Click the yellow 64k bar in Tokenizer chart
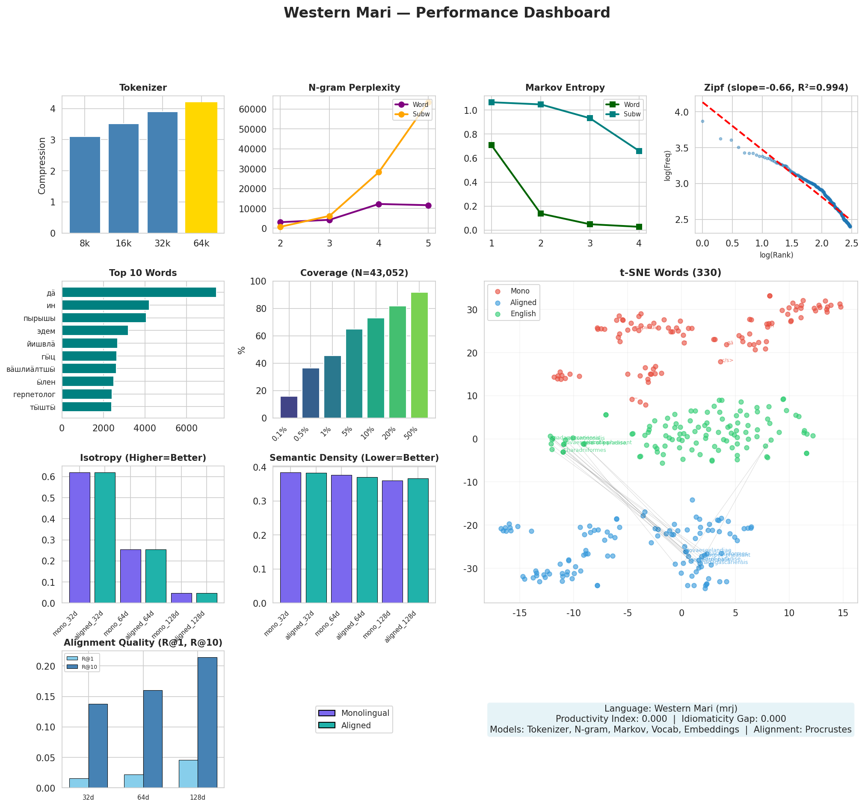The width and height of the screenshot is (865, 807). click(x=201, y=168)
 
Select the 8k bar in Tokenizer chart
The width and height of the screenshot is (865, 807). click(x=85, y=185)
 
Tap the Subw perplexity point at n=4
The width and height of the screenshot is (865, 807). click(x=379, y=172)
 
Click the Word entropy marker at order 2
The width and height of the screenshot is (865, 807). click(x=541, y=213)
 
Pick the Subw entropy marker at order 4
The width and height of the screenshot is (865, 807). click(x=639, y=151)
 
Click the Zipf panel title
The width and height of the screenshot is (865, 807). click(x=776, y=88)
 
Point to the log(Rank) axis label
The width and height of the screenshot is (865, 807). click(x=776, y=255)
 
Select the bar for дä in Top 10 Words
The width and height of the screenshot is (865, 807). click(x=139, y=293)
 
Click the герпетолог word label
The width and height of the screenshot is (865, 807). click(x=34, y=395)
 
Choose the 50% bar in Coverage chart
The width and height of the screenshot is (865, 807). click(x=419, y=355)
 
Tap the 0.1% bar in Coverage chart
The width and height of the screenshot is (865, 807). click(x=289, y=407)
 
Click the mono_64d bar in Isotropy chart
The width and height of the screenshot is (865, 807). click(x=130, y=576)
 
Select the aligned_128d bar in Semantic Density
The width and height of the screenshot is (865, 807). click(x=418, y=540)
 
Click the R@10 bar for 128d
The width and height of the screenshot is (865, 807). click(x=207, y=722)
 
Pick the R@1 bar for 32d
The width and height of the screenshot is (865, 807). click(x=79, y=783)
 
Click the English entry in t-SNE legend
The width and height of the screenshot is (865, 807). click(x=523, y=314)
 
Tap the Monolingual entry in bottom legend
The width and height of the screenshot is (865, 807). click(x=364, y=713)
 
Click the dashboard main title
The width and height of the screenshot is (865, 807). click(x=447, y=13)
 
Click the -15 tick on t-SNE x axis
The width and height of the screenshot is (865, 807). click(x=519, y=613)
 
